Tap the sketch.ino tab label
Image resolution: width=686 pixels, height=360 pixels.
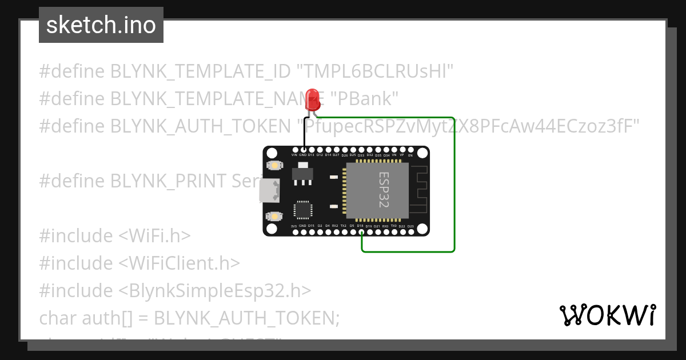click(101, 25)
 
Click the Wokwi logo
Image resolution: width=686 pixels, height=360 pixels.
click(607, 315)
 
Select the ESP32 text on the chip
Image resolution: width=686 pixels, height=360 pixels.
click(384, 190)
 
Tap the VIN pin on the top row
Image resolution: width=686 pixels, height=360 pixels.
click(294, 150)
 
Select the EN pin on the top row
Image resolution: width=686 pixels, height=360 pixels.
click(410, 150)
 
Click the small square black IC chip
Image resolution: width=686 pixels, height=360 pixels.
click(302, 210)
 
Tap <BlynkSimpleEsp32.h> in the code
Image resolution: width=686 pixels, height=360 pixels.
click(215, 290)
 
